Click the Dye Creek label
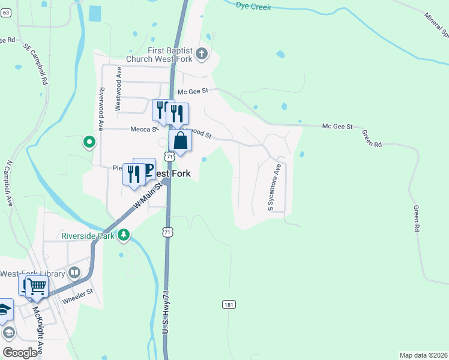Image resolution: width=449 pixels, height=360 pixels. pyautogui.click(x=253, y=7)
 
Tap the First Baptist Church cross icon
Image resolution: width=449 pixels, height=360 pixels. pyautogui.click(x=202, y=53)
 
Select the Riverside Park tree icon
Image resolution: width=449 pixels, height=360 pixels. pyautogui.click(x=124, y=235)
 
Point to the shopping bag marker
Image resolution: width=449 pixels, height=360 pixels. pyautogui.click(x=180, y=142)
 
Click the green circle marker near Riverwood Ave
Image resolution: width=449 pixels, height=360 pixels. pyautogui.click(x=89, y=142)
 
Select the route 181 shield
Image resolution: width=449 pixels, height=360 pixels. pyautogui.click(x=228, y=305)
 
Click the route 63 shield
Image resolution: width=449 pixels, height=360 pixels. pyautogui.click(x=5, y=13)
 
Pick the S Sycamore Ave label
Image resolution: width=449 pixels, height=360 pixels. pyautogui.click(x=274, y=188)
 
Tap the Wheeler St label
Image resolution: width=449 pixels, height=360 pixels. pyautogui.click(x=81, y=292)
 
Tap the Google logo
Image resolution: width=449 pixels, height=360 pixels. pyautogui.click(x=20, y=353)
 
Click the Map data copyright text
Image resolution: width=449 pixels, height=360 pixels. pyautogui.click(x=423, y=355)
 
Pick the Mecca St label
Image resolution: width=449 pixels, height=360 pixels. pyautogui.click(x=143, y=128)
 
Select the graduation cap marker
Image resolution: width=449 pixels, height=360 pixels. pyautogui.click(x=5, y=309)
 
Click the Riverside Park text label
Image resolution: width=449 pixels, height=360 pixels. pyautogui.click(x=88, y=235)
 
